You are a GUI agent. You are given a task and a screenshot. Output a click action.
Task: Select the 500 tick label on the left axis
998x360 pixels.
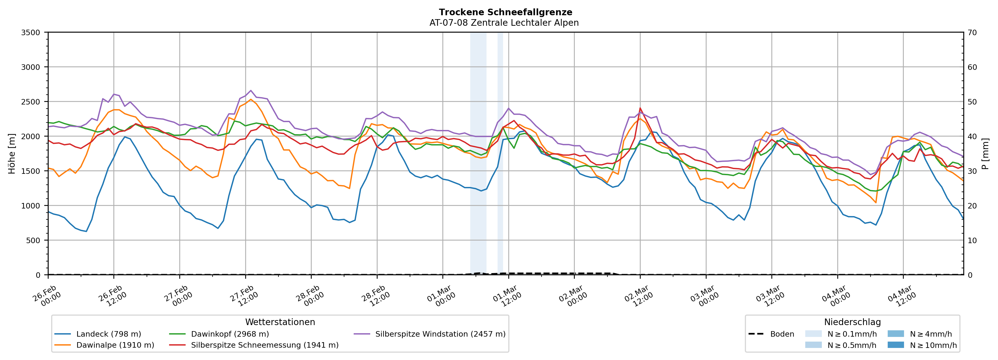tap(33, 241)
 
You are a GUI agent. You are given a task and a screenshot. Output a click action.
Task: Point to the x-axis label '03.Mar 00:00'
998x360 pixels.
tap(704, 296)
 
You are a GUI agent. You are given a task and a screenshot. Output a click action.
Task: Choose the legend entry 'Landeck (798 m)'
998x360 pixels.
tap(108, 334)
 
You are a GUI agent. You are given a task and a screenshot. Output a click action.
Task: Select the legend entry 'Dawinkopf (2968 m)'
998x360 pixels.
tap(230, 334)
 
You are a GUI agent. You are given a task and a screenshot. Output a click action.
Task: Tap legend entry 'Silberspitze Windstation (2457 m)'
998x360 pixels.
tap(440, 334)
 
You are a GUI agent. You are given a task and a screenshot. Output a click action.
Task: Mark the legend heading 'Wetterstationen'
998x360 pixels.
tap(280, 322)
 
